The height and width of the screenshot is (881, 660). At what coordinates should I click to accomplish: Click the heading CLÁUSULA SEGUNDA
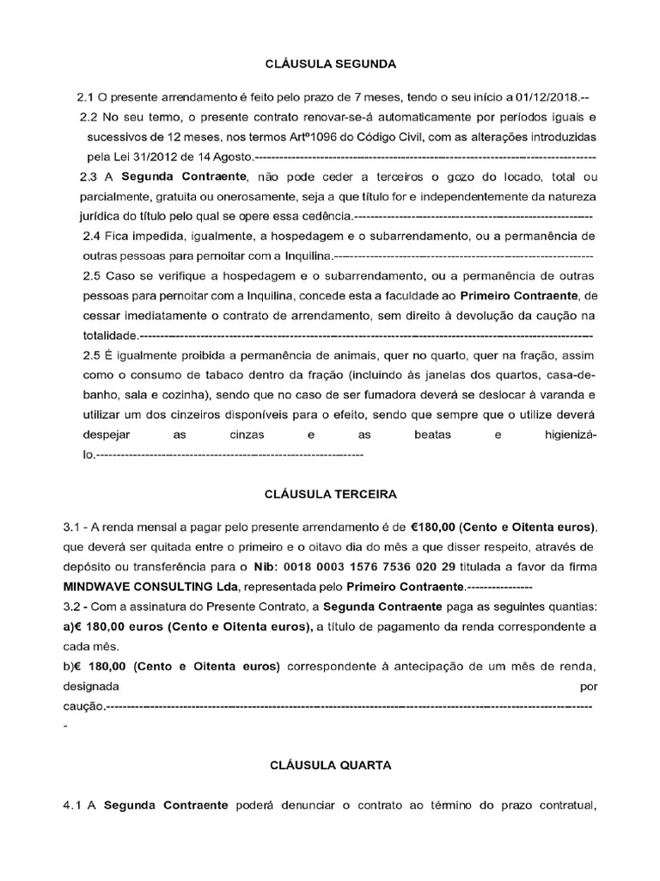click(330, 64)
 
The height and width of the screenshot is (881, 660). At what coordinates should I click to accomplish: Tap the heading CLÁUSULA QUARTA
click(331, 764)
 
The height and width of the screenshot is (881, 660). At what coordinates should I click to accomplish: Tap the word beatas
click(432, 434)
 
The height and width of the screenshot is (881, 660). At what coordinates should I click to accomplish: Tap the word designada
click(97, 687)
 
